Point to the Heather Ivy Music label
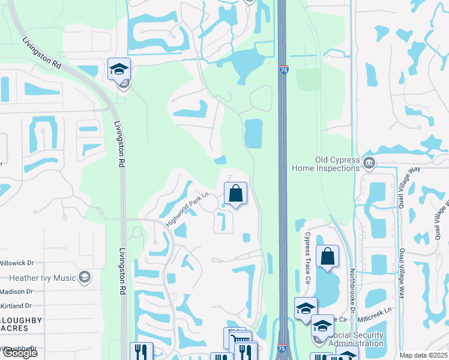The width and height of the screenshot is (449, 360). tap(43, 278)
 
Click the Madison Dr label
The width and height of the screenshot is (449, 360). tap(16, 292)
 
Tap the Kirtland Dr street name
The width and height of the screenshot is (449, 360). tap(16, 306)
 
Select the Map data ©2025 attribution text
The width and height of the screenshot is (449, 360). tap(423, 355)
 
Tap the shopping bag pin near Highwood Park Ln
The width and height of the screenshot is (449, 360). tap(236, 194)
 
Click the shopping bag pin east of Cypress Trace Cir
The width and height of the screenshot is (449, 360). tap(328, 256)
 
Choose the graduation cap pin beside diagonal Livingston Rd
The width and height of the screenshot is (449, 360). tap(119, 69)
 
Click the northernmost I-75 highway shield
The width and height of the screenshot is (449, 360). tap(283, 70)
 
